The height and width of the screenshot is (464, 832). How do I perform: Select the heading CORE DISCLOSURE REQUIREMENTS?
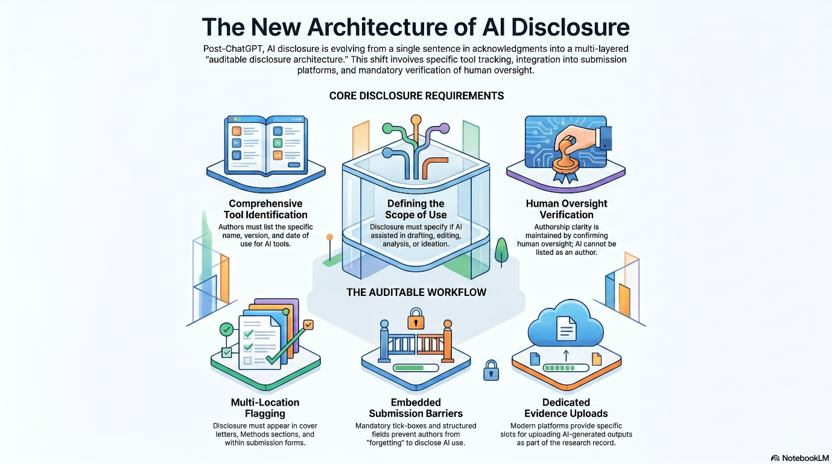(x=416, y=96)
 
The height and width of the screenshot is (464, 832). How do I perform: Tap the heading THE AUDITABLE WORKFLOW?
(x=416, y=292)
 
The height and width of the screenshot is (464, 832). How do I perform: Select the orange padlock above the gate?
(x=416, y=318)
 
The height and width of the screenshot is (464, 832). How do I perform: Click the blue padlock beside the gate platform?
(x=491, y=371)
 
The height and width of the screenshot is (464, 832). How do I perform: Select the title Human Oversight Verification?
(x=567, y=209)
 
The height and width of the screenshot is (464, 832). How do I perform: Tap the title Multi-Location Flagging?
(x=265, y=408)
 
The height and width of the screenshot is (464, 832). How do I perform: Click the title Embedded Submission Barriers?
(x=416, y=408)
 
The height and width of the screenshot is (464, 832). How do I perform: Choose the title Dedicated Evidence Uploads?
(x=566, y=408)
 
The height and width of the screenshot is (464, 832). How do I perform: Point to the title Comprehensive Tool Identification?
(x=265, y=209)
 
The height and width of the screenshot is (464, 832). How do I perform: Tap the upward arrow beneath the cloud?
(x=566, y=356)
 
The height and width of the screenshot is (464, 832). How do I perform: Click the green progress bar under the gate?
(x=409, y=368)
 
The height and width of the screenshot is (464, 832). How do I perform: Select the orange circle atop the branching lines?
(x=416, y=120)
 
